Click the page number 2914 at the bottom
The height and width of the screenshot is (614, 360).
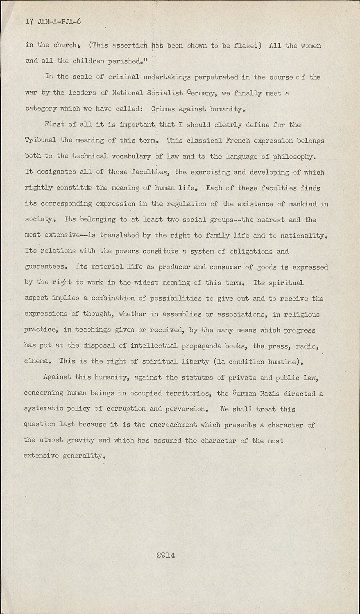[x=165, y=555]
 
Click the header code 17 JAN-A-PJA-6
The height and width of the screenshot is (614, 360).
[x=53, y=21]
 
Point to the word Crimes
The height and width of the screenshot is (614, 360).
[x=163, y=109]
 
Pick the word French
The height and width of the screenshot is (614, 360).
[x=238, y=140]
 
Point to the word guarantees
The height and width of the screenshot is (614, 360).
[x=45, y=267]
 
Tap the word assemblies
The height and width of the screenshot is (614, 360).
[x=190, y=314]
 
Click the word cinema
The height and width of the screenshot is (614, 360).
[x=37, y=361]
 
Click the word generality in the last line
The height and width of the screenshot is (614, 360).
[x=85, y=456]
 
